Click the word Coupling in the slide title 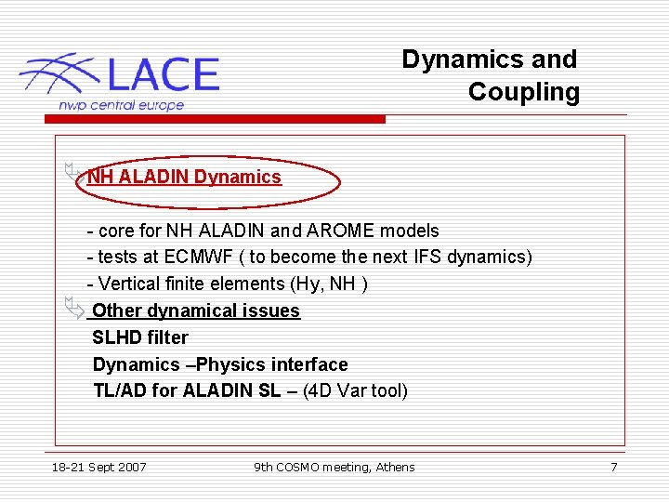coord(523,92)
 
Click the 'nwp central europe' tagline coord(121,105)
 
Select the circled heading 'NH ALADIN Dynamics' coord(184,177)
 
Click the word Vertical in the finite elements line coord(129,284)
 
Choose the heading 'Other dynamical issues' coord(196,310)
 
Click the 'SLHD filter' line coord(140,337)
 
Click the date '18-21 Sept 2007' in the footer coord(98,467)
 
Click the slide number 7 coord(613,467)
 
